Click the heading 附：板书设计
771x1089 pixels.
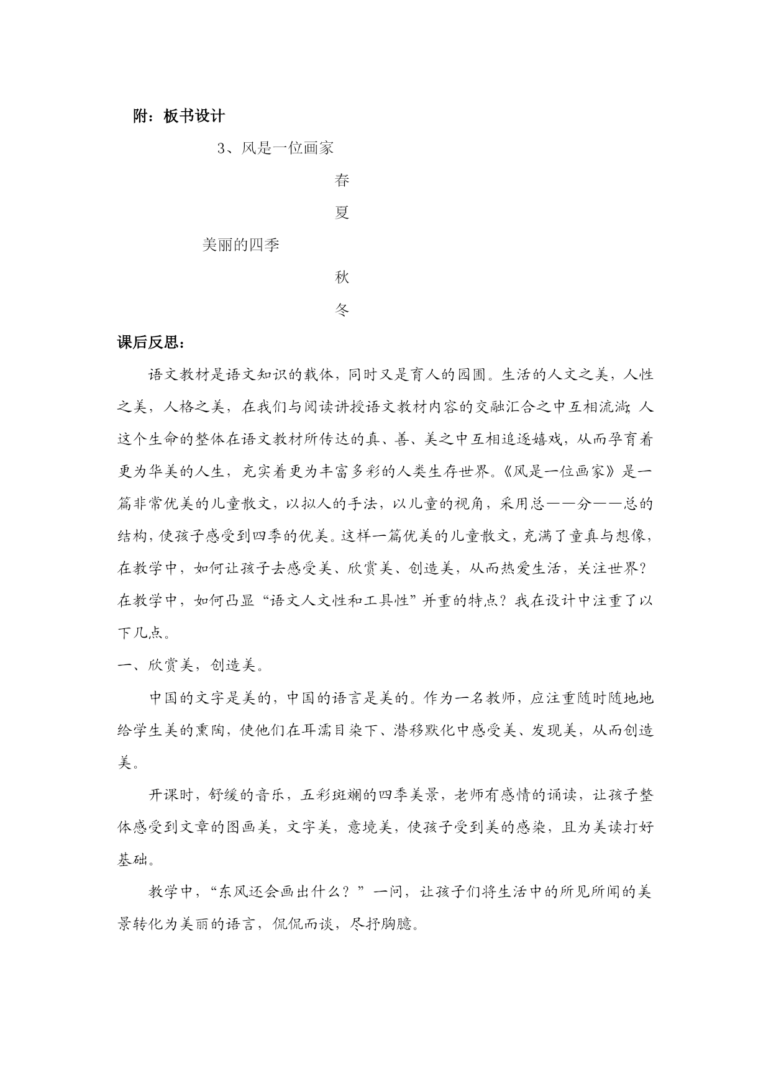pyautogui.click(x=179, y=115)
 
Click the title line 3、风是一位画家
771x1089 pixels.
pyautogui.click(x=276, y=148)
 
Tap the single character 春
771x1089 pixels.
pyautogui.click(x=342, y=180)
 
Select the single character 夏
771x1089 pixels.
pyautogui.click(x=342, y=212)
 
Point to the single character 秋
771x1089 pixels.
pyautogui.click(x=342, y=277)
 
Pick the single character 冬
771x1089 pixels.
pyautogui.click(x=342, y=309)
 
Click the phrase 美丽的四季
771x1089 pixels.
pyautogui.click(x=241, y=245)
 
